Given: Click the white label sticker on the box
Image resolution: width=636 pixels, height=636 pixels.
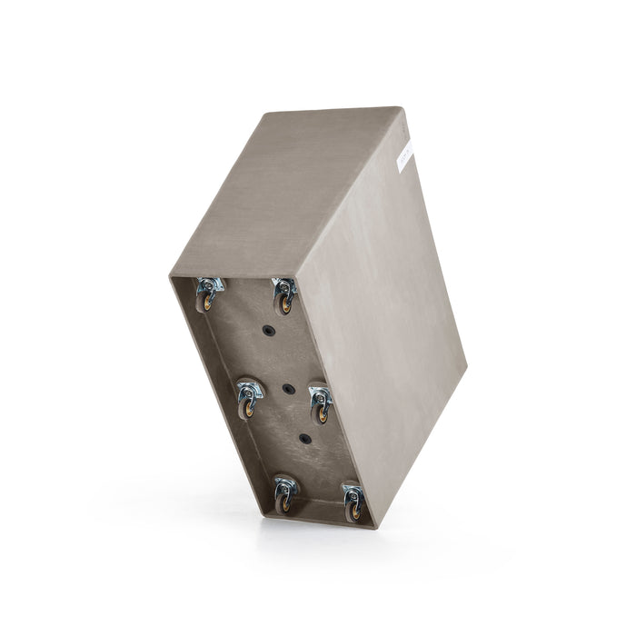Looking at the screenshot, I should (404, 161).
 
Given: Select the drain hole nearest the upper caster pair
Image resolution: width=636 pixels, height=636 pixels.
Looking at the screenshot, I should (269, 331).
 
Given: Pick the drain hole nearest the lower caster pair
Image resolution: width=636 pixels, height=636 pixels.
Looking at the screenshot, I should (305, 439).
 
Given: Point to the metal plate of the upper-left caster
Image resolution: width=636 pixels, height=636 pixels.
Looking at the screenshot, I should (211, 285).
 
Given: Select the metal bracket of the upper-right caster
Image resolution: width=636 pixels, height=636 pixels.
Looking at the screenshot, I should (284, 288).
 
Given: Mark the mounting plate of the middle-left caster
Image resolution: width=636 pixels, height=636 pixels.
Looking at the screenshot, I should (249, 391).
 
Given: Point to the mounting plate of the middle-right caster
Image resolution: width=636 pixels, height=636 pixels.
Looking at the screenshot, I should (320, 395).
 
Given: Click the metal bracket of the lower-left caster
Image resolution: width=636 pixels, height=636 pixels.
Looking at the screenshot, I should (285, 484).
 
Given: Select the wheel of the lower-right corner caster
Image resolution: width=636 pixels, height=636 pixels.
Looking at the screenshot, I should (354, 511).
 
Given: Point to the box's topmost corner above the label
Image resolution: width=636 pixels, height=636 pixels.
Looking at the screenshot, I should (401, 107).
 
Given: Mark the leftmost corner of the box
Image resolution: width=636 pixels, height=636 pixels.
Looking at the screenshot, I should (170, 276).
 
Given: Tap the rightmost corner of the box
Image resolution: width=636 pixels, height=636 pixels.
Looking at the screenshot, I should (467, 367).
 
